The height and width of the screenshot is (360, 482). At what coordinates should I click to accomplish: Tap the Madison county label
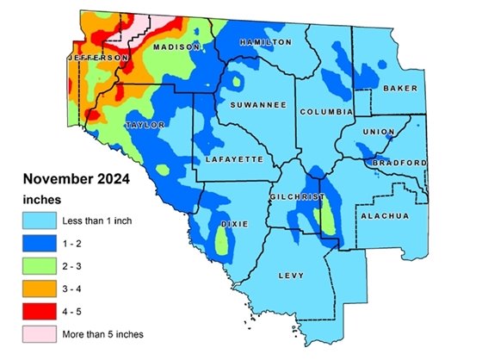click(x=176, y=47)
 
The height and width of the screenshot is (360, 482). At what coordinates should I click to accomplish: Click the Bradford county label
click(x=399, y=162)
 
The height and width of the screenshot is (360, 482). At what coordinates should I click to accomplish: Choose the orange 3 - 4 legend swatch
click(x=40, y=288)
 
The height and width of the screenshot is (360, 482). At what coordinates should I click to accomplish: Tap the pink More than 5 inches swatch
click(x=40, y=332)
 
